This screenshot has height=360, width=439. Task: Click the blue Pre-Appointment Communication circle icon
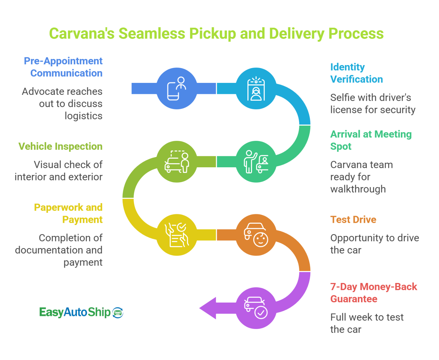[x=177, y=88]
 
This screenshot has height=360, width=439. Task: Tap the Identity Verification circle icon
[x=256, y=88]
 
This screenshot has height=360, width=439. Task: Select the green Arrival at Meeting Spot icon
[x=256, y=162]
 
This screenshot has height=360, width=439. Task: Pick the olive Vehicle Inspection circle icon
[x=177, y=162]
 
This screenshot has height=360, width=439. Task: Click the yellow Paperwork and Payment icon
[x=177, y=235]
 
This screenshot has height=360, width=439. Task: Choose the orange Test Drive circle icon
[x=256, y=235]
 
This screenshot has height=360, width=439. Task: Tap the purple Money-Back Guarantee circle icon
[x=256, y=308]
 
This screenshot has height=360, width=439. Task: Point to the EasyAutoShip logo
[x=81, y=312]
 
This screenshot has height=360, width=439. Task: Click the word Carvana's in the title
[x=82, y=33]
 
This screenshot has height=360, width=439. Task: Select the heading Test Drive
[x=353, y=219]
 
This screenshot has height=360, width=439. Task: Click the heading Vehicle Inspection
[x=60, y=146]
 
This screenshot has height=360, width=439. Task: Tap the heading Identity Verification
[x=356, y=73]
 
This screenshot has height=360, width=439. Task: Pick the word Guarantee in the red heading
[x=354, y=299]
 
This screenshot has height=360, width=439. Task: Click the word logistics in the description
[x=84, y=116]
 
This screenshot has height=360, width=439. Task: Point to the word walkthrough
[x=358, y=189]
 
